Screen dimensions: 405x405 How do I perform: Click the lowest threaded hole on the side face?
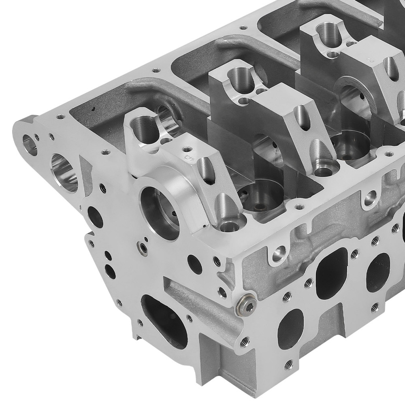(x=288, y=363)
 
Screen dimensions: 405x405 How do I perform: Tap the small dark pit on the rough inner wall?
(x=94, y=109)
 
